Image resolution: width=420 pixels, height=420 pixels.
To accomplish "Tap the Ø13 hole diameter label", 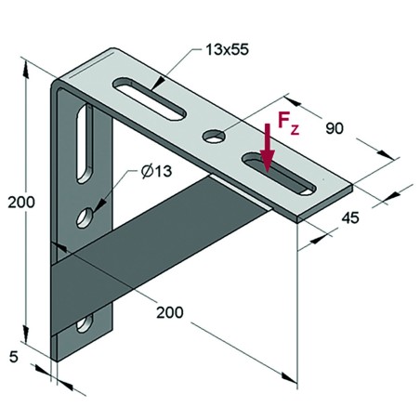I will pyautogui.click(x=158, y=173).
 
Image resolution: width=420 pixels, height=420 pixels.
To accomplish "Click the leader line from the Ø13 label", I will pyautogui.click(x=117, y=193).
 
